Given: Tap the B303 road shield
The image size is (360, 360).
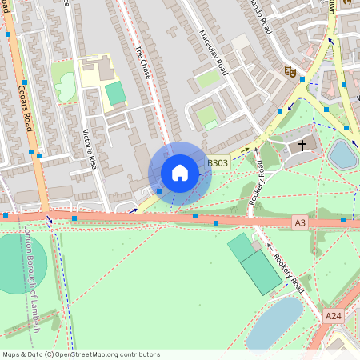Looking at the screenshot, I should pos(218,163).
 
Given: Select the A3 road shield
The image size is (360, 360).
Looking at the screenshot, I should pos(300,222).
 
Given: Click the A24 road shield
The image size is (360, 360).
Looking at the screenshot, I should pos(334,317).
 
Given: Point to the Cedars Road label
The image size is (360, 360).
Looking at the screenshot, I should pos(25,109).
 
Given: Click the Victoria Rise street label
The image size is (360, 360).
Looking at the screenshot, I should pos(89,150).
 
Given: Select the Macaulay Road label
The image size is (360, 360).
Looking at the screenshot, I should pos(214,52).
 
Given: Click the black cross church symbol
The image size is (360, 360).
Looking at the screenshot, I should pos(302,145).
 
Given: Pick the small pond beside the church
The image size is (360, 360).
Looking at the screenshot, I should pos(342,154).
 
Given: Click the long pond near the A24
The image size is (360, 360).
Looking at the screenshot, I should pos(274,322).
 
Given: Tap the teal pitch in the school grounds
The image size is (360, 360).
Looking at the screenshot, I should pos(116,93).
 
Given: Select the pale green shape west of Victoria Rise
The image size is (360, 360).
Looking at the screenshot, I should pos(63,82).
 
